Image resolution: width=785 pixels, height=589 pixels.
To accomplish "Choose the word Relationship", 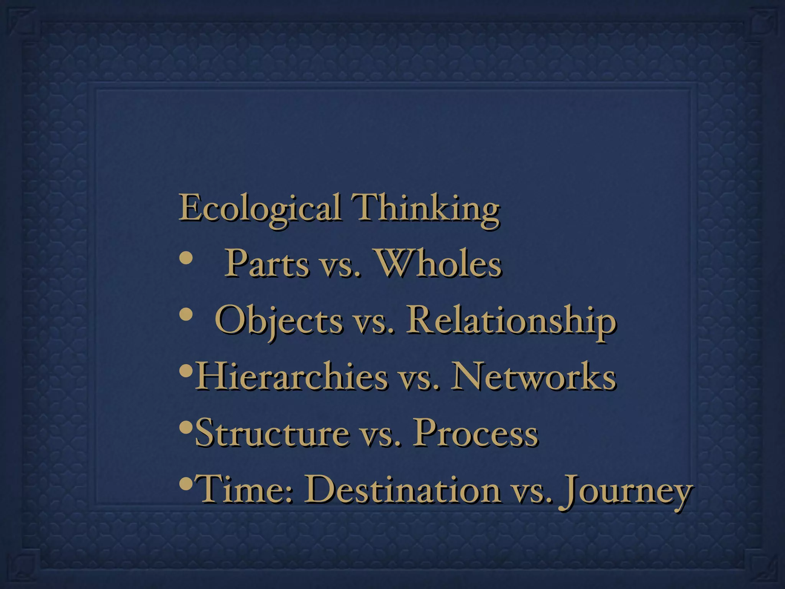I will point(511,320).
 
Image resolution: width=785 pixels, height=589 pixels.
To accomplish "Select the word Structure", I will point(273,433).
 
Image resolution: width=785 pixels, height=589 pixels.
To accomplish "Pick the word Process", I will point(476,433).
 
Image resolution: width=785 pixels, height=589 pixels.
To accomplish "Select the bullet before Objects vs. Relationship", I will point(186,315).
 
